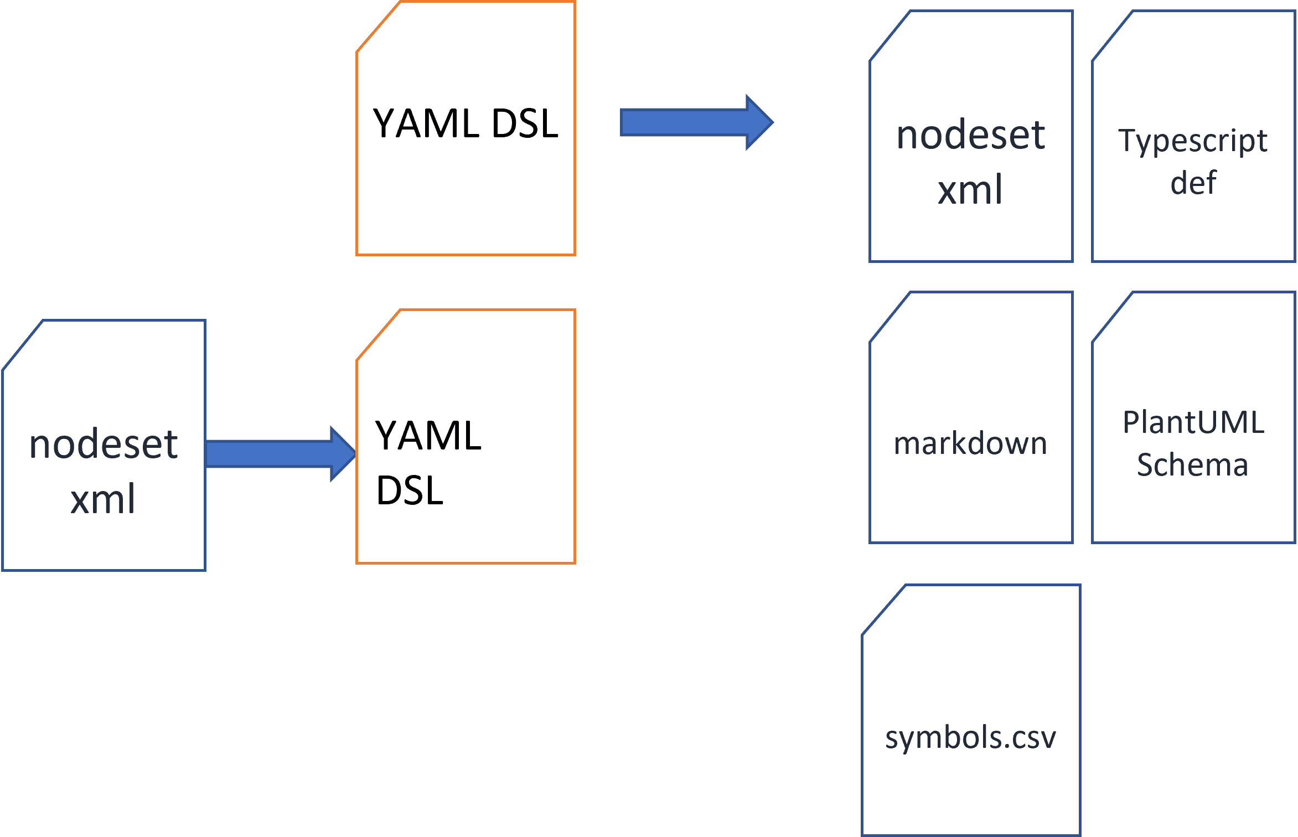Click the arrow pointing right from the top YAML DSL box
(x=692, y=122)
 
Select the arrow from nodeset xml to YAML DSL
(x=277, y=454)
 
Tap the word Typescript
(x=1192, y=141)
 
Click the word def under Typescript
(x=1193, y=183)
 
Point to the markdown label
(x=970, y=444)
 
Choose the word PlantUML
(x=1193, y=422)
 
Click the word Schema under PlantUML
(x=1192, y=464)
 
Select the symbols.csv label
(x=970, y=738)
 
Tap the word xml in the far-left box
(x=103, y=499)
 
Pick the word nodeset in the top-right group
(x=970, y=135)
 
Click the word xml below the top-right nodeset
(x=970, y=190)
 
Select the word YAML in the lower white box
(x=428, y=436)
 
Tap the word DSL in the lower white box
(x=410, y=490)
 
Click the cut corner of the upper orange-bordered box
(x=378, y=27)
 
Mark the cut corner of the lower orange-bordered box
(x=378, y=335)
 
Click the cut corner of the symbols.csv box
(x=883, y=610)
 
